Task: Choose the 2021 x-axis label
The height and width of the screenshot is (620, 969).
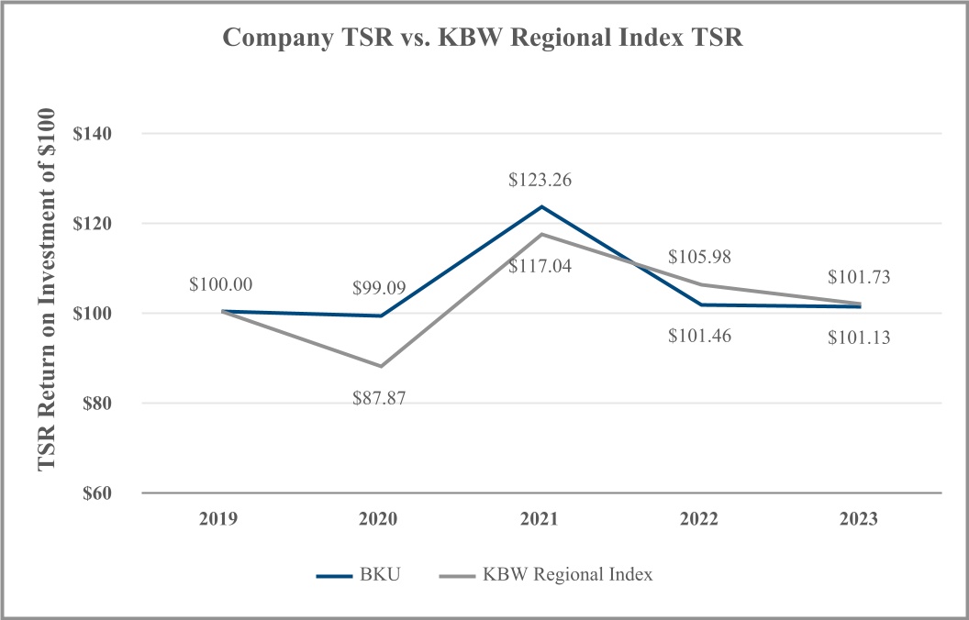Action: click(x=540, y=519)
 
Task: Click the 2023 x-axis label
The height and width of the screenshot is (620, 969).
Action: click(x=860, y=519)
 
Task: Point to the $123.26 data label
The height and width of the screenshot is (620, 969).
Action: click(x=540, y=181)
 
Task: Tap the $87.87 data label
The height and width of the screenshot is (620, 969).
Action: click(x=380, y=399)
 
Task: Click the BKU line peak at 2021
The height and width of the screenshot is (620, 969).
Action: click(x=540, y=206)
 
